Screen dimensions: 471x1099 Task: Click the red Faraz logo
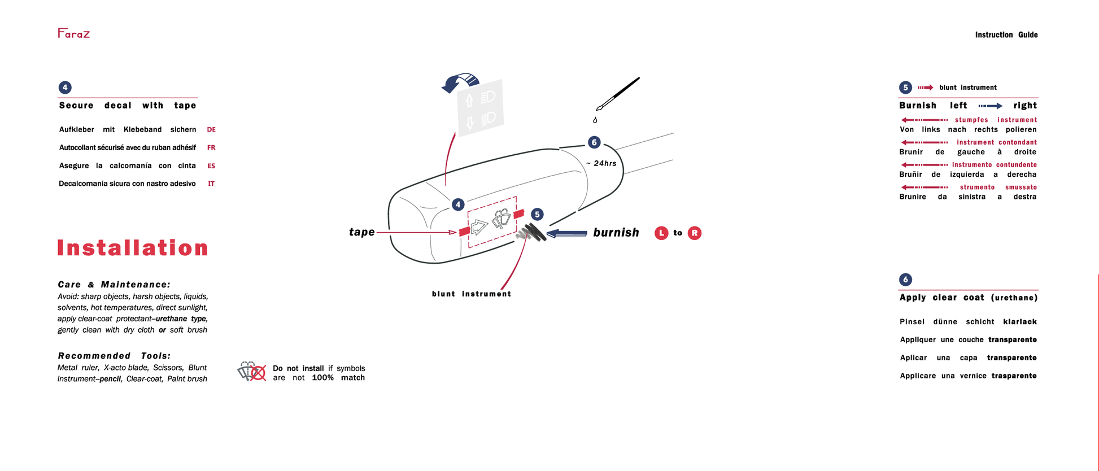73,33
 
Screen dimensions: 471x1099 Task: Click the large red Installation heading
133,248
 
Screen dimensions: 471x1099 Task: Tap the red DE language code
211,130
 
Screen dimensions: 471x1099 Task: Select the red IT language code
211,184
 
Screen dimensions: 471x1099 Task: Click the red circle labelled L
661,233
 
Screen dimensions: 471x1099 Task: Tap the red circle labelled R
695,233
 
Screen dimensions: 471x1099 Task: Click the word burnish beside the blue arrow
616,233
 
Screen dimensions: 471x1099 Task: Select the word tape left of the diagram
361,232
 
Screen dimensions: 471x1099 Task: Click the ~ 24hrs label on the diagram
601,163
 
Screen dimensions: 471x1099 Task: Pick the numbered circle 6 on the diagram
594,142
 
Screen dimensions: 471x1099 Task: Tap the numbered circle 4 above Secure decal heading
65,88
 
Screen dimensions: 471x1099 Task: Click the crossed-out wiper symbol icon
252,372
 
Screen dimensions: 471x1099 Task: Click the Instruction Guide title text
1006,35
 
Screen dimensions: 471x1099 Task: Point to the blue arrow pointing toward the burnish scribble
567,233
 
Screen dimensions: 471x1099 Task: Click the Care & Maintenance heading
114,285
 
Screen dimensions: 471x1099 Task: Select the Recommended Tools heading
114,356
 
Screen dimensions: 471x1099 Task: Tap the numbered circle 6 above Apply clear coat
905,280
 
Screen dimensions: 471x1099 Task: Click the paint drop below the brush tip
595,120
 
